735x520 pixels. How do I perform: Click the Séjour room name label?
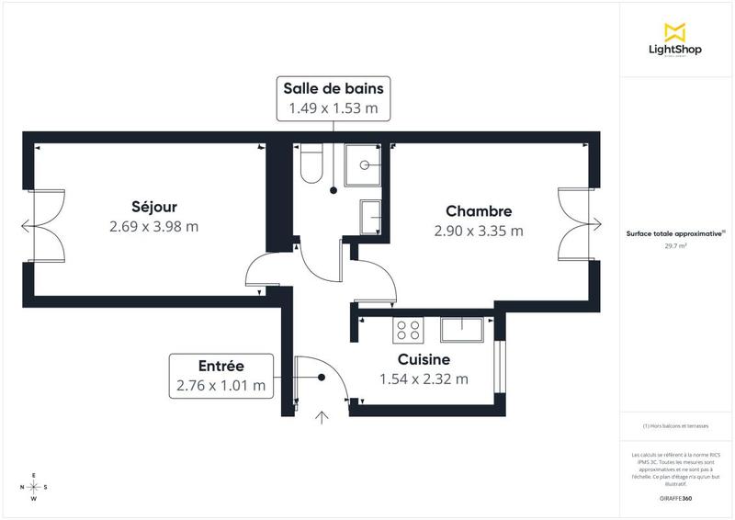[153, 206]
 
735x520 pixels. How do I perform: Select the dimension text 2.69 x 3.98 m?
[153, 226]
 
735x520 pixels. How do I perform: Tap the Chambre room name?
[479, 210]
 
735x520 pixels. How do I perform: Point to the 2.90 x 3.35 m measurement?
[479, 231]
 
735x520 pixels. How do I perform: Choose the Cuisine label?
[424, 359]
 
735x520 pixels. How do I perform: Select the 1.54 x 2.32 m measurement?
[424, 379]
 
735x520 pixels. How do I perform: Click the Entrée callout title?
[220, 366]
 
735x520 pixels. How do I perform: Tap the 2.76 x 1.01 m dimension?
[220, 386]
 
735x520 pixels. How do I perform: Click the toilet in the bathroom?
[309, 164]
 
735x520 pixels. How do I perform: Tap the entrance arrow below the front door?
[322, 418]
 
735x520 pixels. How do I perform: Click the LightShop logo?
[676, 40]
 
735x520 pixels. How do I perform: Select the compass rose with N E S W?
[34, 487]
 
